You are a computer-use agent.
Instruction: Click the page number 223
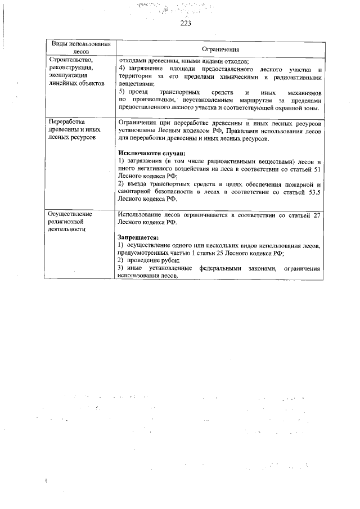[186, 23]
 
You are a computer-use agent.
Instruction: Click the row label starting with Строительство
[69, 58]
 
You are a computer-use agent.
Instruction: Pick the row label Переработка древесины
[66, 122]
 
